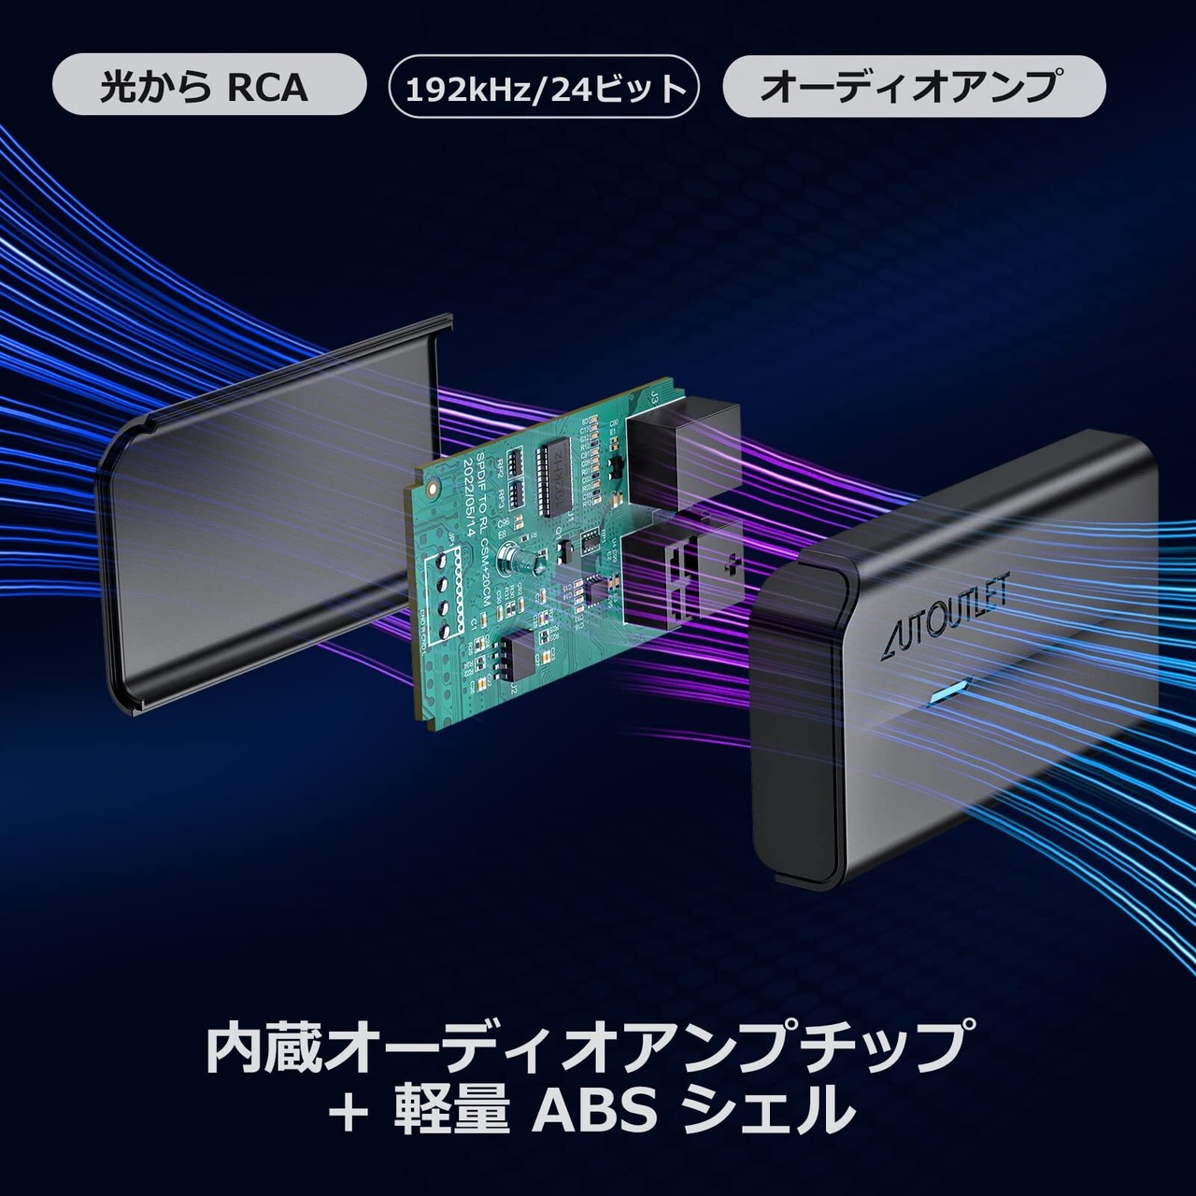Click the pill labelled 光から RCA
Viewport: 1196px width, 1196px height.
click(207, 86)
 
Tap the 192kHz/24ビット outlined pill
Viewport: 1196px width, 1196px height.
click(544, 87)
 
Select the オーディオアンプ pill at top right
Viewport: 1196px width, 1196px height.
click(913, 86)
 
